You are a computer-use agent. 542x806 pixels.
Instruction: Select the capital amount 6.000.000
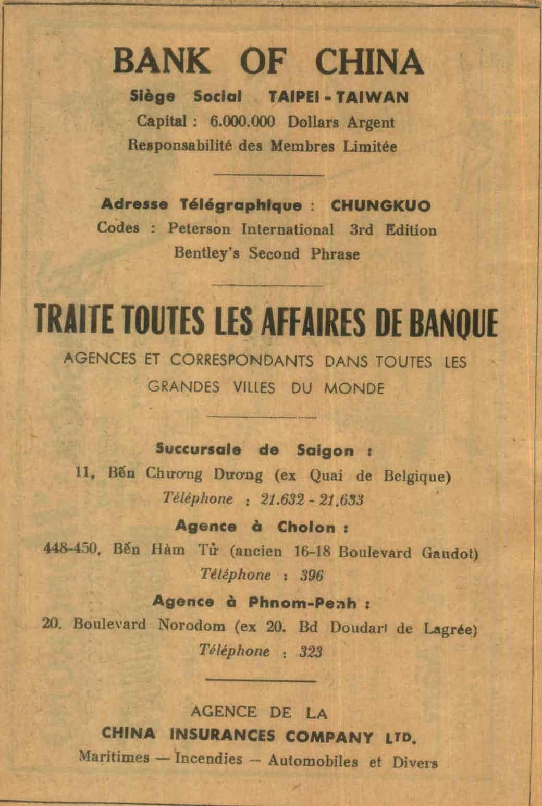pyautogui.click(x=242, y=122)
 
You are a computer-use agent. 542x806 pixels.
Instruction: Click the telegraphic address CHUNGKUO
pyautogui.click(x=381, y=206)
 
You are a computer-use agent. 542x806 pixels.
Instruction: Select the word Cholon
pyautogui.click(x=306, y=527)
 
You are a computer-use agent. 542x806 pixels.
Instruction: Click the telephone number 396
pyautogui.click(x=312, y=576)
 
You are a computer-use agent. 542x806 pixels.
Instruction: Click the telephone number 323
pyautogui.click(x=311, y=652)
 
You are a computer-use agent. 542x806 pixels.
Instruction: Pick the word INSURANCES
pyautogui.click(x=223, y=736)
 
